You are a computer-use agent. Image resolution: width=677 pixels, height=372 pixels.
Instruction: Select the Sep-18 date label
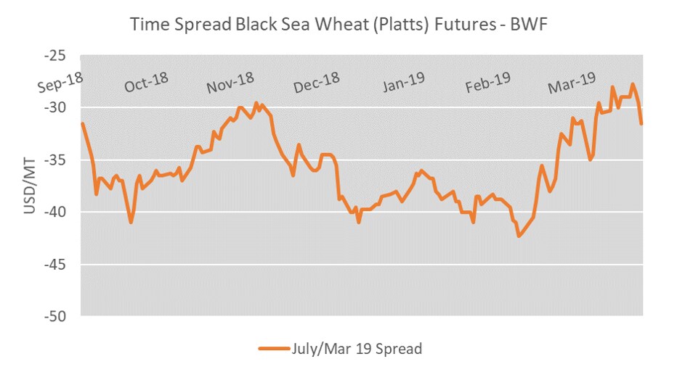tap(60, 84)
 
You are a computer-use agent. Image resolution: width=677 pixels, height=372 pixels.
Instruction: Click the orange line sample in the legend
tap(274, 349)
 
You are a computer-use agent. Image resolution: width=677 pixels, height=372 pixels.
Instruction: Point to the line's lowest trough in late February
tap(519, 236)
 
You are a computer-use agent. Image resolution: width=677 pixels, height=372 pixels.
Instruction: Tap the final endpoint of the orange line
tap(641, 123)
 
